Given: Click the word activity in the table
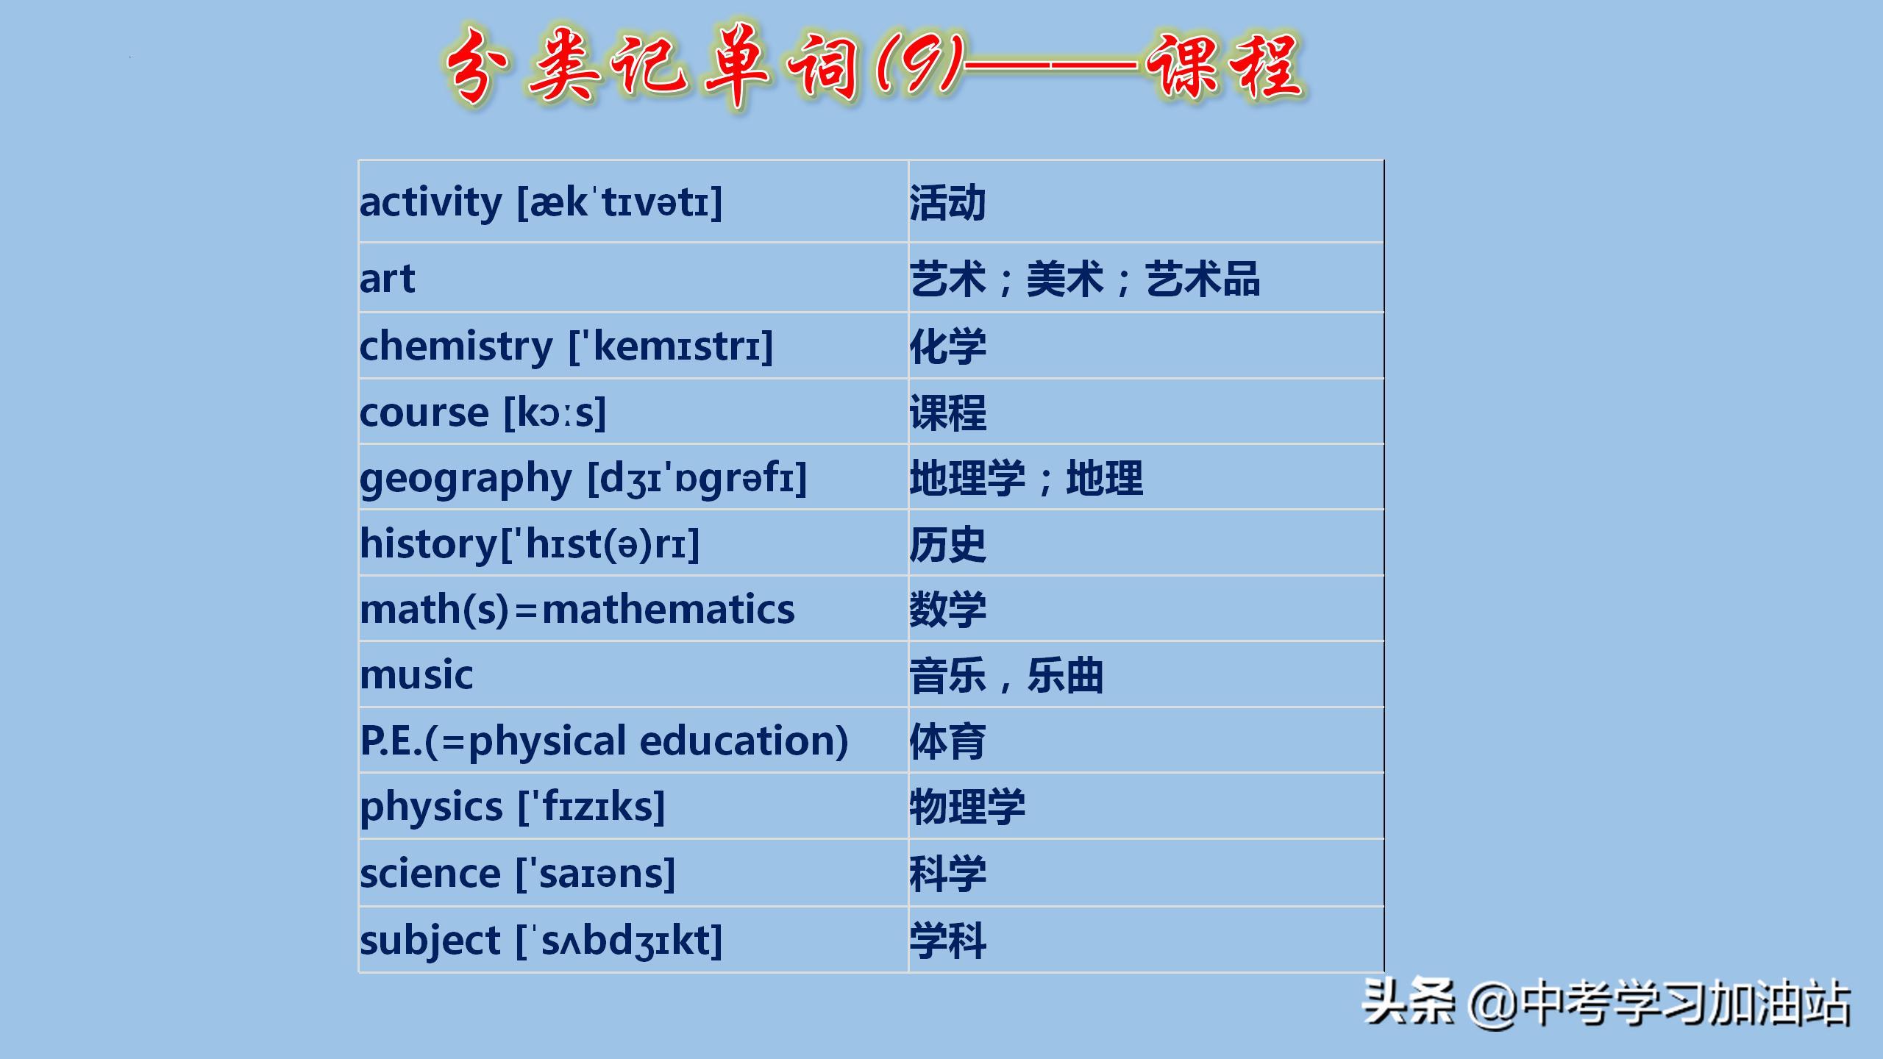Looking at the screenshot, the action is [430, 202].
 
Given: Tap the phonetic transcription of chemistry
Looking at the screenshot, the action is [671, 346].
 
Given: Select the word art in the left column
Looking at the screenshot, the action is [387, 279].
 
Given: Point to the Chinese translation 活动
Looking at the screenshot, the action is [947, 203].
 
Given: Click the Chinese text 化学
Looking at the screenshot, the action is [947, 346].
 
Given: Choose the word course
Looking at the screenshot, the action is [424, 413].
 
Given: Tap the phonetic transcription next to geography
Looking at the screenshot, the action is [697, 478].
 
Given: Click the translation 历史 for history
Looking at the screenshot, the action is [947, 544].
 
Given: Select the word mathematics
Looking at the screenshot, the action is [668, 609].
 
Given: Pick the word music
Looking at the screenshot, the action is [416, 675].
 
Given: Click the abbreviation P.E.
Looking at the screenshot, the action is [391, 741].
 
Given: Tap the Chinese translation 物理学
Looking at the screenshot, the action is [967, 807].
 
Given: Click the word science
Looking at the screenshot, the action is [430, 874].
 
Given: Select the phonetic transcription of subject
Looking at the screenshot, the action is [619, 941].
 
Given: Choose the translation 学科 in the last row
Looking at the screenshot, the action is [947, 941].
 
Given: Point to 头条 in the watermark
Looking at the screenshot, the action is [1409, 1002].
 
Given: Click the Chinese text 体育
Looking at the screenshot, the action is [947, 741].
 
